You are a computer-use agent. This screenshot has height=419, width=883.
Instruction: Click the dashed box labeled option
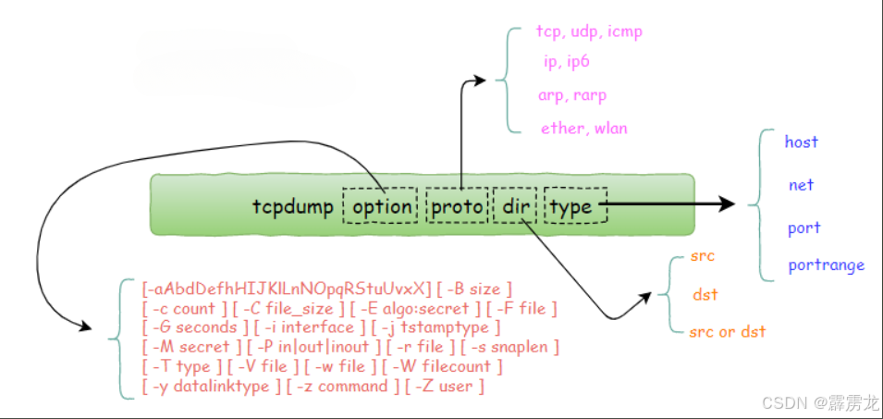(x=381, y=206)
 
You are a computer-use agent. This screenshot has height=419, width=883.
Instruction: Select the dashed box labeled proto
(x=456, y=206)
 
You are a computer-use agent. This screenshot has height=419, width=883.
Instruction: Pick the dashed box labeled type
(x=574, y=206)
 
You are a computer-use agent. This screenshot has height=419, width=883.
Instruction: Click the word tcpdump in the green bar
(x=292, y=206)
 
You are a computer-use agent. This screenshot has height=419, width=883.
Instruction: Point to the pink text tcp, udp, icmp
(x=589, y=31)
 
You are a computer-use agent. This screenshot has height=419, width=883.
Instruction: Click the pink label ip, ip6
(x=566, y=62)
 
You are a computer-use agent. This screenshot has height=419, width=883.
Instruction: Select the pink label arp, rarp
(x=572, y=95)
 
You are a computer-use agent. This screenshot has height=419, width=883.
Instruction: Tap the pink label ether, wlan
(x=584, y=129)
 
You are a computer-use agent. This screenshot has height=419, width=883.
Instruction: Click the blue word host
(x=801, y=142)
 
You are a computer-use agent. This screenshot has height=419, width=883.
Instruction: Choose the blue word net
(x=801, y=185)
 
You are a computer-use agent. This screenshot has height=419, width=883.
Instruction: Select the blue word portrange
(x=826, y=265)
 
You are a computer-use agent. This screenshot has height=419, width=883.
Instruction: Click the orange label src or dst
(x=728, y=331)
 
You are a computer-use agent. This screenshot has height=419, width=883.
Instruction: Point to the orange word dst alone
(x=705, y=295)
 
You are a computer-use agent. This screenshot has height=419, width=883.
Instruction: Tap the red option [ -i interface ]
(x=301, y=327)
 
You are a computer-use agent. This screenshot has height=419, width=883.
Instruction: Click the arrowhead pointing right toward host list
(x=726, y=204)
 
